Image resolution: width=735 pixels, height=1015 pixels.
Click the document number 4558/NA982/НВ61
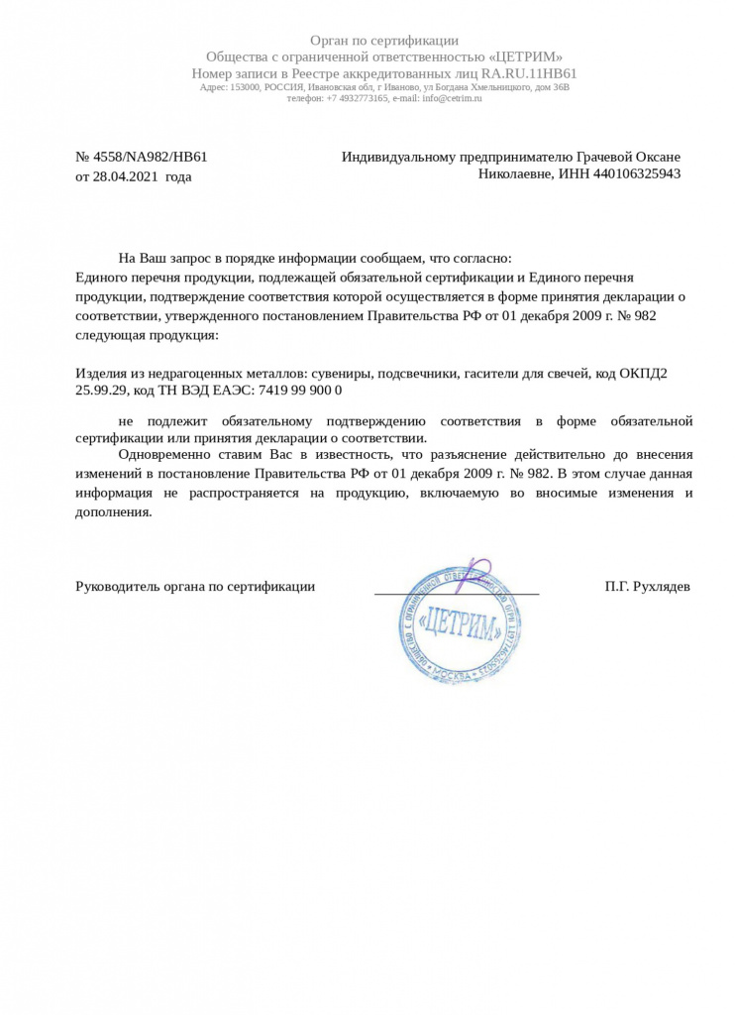[149, 157]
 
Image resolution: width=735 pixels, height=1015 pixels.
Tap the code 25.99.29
[102, 391]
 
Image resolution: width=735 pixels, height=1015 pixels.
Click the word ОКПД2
[644, 374]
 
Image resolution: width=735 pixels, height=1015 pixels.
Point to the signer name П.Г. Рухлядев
[648, 586]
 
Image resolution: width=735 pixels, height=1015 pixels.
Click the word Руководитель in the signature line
[116, 586]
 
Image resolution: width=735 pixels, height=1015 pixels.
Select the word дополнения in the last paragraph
[113, 512]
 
